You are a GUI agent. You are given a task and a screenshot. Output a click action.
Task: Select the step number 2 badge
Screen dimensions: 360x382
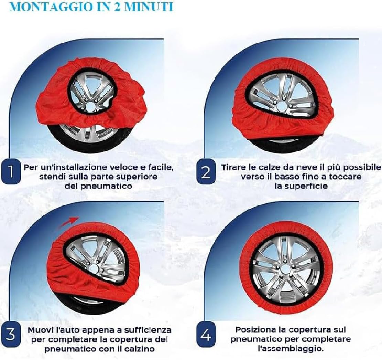(205, 172)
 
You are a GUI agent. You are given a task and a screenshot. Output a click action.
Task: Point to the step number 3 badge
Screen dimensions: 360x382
(11, 335)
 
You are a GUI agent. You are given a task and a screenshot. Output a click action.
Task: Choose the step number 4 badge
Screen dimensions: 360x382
(205, 335)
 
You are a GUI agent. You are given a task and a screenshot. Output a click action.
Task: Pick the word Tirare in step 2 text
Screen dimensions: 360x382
(232, 168)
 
